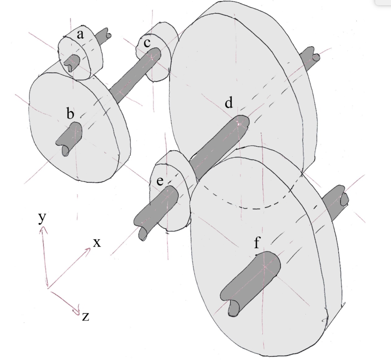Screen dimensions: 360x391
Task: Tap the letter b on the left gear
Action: (x=71, y=114)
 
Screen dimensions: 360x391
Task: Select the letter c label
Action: (x=147, y=43)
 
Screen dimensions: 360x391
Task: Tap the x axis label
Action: (x=97, y=242)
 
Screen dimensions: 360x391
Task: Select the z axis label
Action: (x=86, y=317)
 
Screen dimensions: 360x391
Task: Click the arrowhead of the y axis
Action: (x=44, y=229)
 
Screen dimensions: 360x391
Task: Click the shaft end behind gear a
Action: (x=103, y=36)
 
